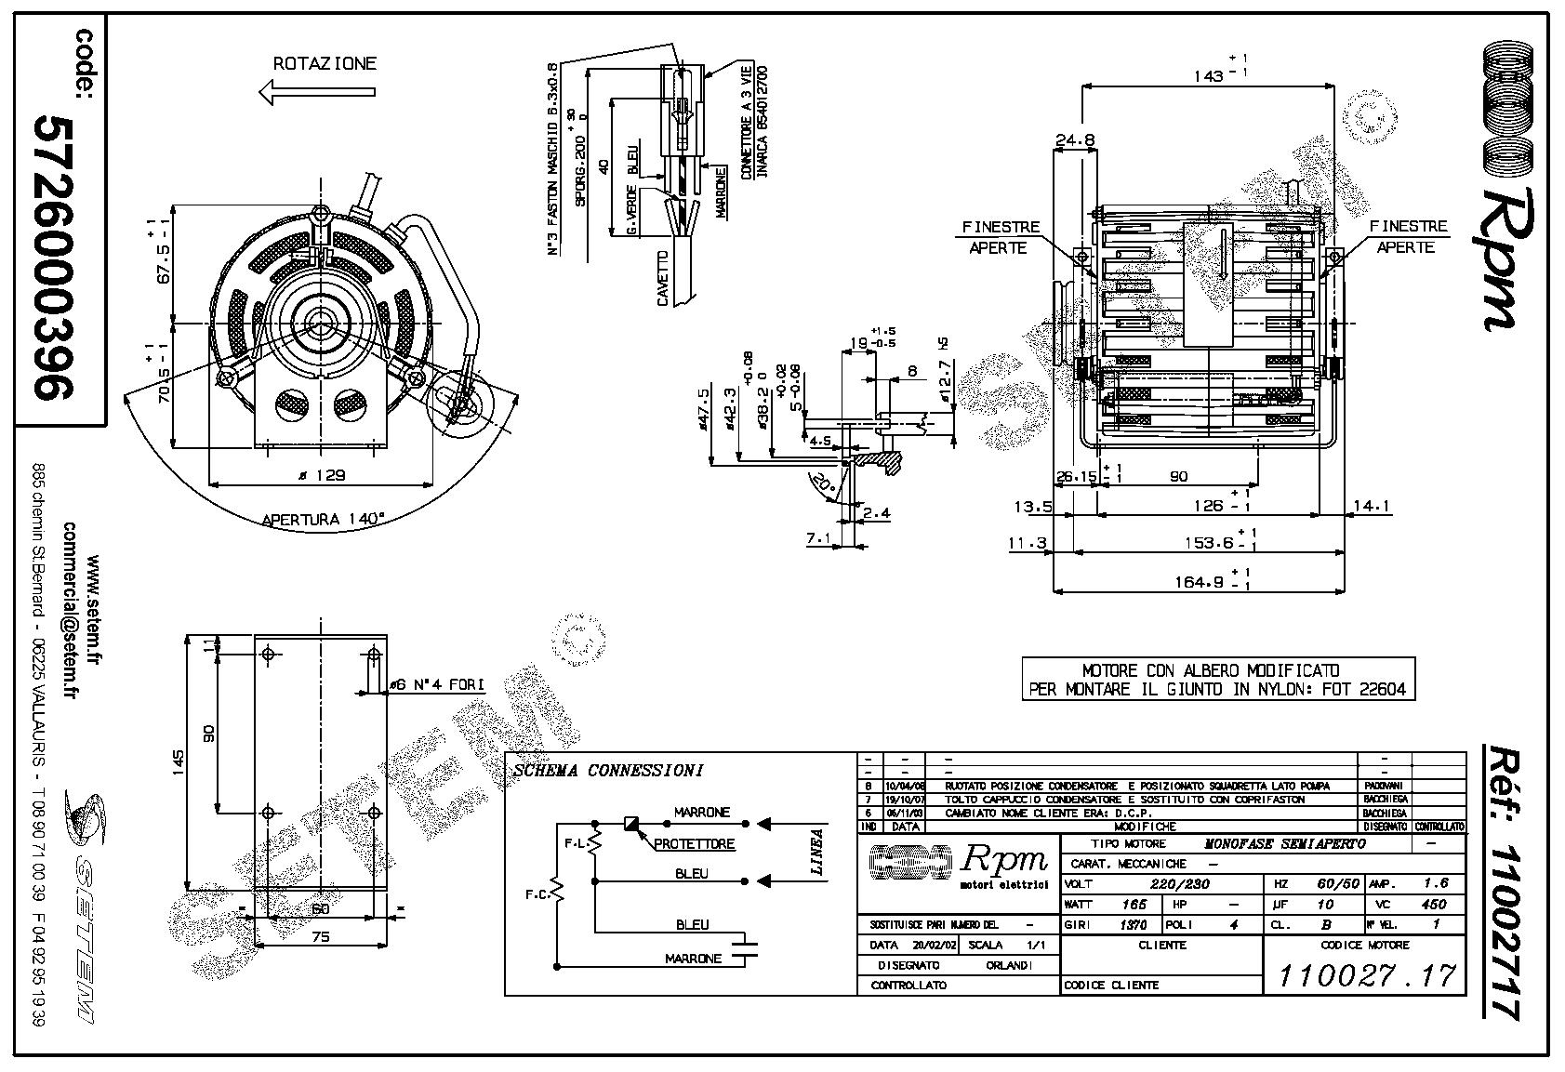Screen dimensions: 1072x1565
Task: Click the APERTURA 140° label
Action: pos(323,520)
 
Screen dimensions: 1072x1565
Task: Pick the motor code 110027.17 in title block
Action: pos(1365,975)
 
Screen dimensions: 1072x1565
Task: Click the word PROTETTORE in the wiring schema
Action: pos(694,844)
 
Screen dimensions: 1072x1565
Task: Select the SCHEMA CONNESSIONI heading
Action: pos(608,771)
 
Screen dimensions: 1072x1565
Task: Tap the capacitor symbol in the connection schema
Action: pos(745,948)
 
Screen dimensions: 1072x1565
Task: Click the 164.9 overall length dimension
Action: pos(1200,582)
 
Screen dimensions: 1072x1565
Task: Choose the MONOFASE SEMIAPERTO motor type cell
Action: pos(1285,843)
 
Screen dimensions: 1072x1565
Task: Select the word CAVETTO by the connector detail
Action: pos(662,278)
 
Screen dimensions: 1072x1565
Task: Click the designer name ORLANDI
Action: pos(1008,965)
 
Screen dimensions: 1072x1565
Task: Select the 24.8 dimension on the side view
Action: pos(1074,140)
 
